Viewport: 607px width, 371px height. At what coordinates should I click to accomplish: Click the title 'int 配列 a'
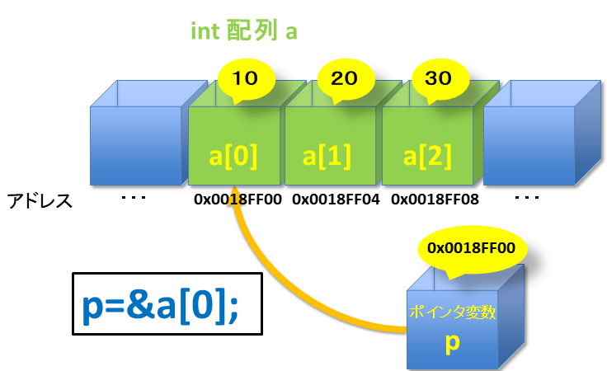(243, 33)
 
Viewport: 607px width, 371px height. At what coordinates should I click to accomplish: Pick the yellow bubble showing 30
(437, 79)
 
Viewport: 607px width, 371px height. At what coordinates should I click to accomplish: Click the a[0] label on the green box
(234, 155)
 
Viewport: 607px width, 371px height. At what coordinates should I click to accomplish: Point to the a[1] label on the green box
(332, 155)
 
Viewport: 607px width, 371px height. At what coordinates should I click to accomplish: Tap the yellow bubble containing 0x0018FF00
(471, 247)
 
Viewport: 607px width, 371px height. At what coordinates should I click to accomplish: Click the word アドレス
(40, 200)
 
